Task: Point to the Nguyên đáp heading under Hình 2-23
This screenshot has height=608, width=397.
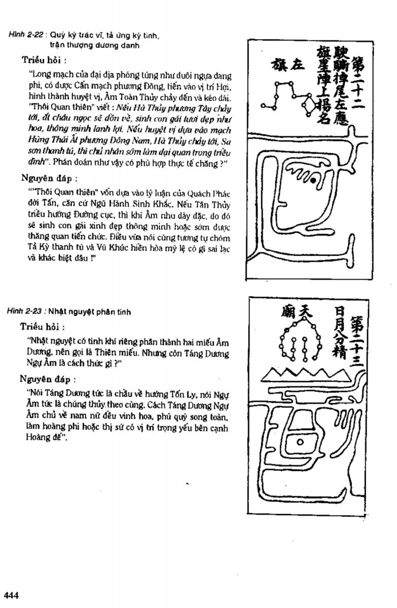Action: [x=49, y=378]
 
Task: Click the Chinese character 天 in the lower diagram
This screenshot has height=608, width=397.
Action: [x=304, y=309]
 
